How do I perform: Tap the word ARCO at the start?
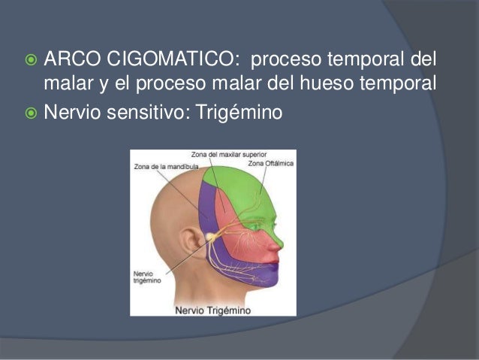(x=73, y=59)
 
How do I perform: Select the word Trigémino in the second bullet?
(x=238, y=113)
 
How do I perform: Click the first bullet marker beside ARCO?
(x=29, y=59)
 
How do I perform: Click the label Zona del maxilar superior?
(x=221, y=156)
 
